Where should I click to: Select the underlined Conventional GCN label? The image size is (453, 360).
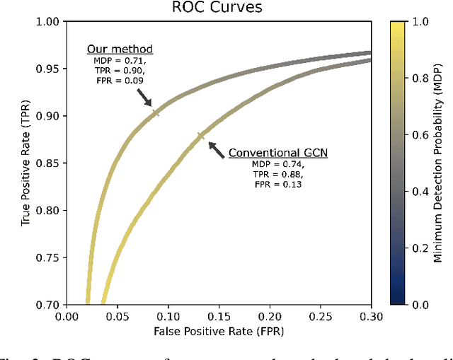[x=272, y=151]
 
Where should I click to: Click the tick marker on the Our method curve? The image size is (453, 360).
[x=156, y=111]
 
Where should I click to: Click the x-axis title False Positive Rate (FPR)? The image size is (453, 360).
[x=217, y=331]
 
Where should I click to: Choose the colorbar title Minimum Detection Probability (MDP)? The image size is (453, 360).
[x=439, y=163]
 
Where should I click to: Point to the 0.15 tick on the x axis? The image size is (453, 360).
[x=218, y=316]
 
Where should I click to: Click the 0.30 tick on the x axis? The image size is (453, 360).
[x=370, y=316]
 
